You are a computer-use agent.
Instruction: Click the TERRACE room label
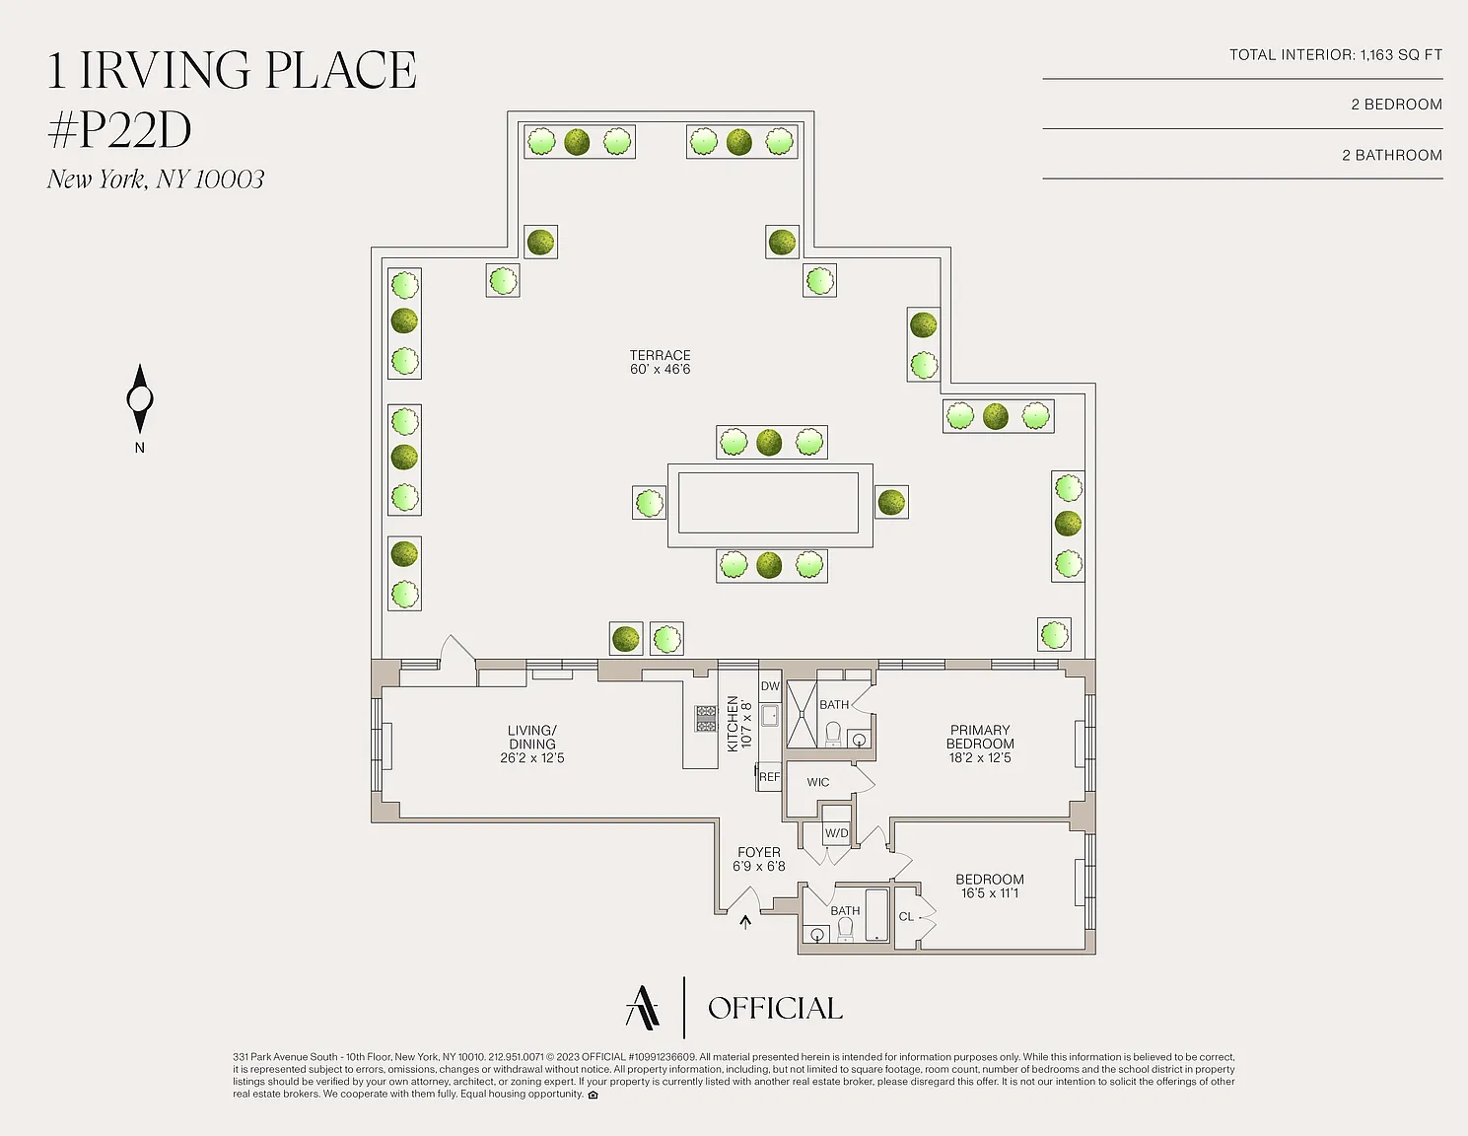click(x=660, y=355)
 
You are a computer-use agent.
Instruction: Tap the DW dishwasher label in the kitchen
click(x=770, y=686)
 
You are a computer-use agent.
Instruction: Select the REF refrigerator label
click(x=769, y=777)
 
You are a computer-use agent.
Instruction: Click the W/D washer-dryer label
click(x=836, y=832)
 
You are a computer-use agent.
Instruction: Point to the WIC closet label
click(x=817, y=782)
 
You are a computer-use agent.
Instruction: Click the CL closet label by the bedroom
click(x=906, y=916)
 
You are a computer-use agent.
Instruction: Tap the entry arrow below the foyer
click(x=745, y=922)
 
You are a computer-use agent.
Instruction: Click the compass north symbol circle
click(x=140, y=398)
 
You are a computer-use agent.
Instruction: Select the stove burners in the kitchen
click(x=706, y=719)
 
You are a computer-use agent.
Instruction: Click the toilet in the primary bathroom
click(x=833, y=734)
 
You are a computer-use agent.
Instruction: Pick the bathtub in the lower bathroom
click(x=876, y=915)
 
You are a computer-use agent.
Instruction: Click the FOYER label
click(x=759, y=852)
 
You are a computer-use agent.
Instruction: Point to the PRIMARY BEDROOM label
click(x=980, y=737)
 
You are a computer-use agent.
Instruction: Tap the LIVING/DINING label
click(x=532, y=737)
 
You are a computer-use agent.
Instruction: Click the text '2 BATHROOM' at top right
click(x=1392, y=156)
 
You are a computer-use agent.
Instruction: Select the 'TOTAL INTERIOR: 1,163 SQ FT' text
click(x=1336, y=54)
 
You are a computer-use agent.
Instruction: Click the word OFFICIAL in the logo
click(x=775, y=1009)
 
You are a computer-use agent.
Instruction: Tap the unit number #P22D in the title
click(x=119, y=130)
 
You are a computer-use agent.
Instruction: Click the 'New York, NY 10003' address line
click(x=156, y=178)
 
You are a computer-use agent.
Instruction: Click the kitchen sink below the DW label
click(x=769, y=715)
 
